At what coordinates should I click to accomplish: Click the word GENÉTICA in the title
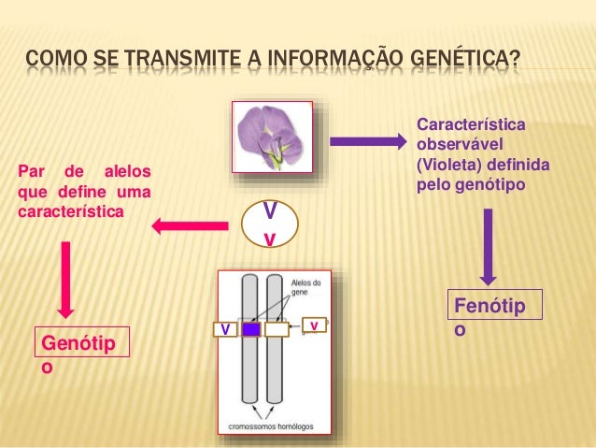point(462,64)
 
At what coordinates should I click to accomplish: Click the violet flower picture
point(271,137)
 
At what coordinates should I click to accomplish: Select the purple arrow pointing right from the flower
point(369,142)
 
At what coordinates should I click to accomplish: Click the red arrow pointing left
point(191,224)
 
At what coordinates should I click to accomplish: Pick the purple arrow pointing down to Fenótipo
point(489,247)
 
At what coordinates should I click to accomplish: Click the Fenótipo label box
point(495,317)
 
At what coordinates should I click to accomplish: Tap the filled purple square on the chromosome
point(251,329)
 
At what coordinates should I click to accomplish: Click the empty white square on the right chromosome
point(277,329)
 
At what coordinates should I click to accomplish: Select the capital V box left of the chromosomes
point(224,329)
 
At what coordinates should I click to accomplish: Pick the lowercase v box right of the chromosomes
point(316,325)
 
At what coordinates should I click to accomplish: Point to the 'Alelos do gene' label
point(305,286)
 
